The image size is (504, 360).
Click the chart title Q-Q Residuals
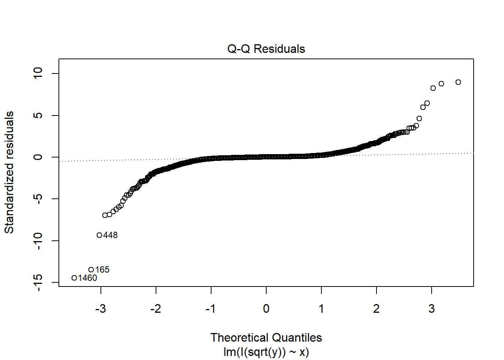click(x=266, y=49)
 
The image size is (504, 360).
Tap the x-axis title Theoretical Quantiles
click(x=266, y=337)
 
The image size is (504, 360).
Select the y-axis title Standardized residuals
click(x=9, y=172)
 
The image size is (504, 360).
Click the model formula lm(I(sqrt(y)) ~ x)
click(x=266, y=352)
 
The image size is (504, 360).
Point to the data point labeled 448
click(x=99, y=235)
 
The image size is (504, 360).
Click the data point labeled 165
click(x=91, y=270)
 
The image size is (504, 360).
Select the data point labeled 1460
click(x=74, y=278)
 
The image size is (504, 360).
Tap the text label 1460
click(x=88, y=278)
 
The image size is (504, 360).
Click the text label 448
click(x=110, y=235)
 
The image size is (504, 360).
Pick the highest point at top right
click(x=458, y=82)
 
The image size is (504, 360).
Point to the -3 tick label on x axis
click(x=100, y=309)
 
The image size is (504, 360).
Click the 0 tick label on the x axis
click(x=266, y=309)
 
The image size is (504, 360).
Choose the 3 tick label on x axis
click(x=432, y=309)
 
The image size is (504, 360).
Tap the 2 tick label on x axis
click(x=376, y=309)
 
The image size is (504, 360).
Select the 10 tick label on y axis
click(x=38, y=73)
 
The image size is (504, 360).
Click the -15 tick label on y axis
click(x=38, y=282)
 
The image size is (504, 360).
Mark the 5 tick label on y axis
click(x=38, y=115)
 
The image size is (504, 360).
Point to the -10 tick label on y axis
click(x=38, y=241)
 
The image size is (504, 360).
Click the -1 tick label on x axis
click(x=211, y=309)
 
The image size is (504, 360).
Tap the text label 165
click(x=102, y=270)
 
